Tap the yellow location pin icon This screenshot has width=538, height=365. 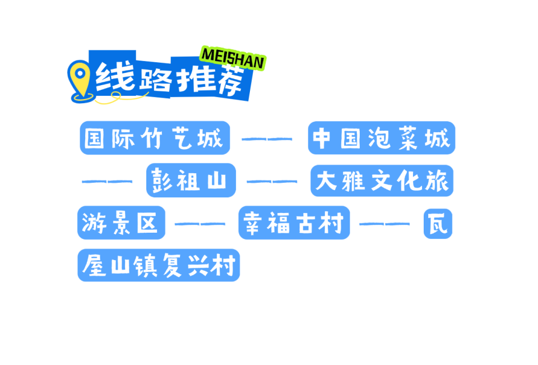pos(80,79)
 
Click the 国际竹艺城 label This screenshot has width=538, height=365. pos(155,138)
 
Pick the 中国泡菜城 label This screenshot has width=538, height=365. pos(381,138)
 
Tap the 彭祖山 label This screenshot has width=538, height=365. pos(191,181)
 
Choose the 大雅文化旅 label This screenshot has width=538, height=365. pos(382,181)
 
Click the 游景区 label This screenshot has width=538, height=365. pos(121,223)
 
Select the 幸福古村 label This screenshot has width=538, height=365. pos(294,223)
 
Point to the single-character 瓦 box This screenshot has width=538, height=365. pos(438,223)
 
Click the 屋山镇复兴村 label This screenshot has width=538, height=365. pos(159,265)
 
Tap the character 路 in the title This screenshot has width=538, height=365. pos(154,78)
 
